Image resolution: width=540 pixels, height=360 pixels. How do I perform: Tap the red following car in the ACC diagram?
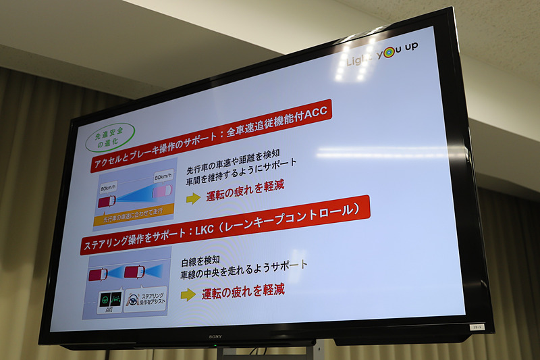pos(107,201)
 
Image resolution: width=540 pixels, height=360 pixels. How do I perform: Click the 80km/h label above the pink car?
pos(164,178)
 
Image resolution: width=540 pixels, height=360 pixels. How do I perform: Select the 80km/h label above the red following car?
pos(108,187)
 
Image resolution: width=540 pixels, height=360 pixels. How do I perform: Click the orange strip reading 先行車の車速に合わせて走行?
pos(133,217)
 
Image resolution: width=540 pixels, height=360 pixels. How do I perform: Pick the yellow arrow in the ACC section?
pos(194,198)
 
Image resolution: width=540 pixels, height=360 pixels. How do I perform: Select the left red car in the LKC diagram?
pos(99,275)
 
